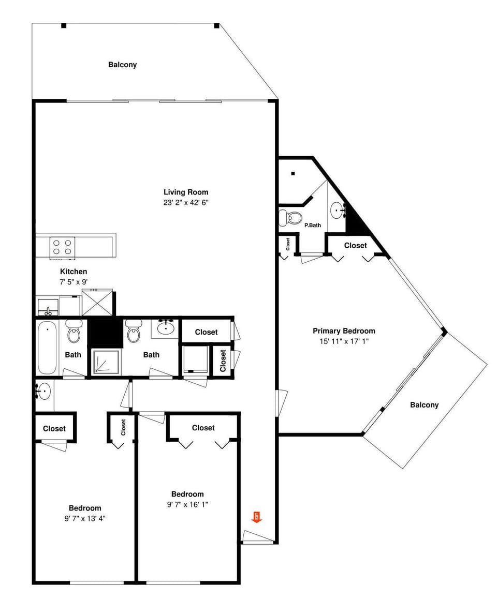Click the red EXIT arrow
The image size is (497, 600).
point(256,517)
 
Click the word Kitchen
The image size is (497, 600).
point(74,271)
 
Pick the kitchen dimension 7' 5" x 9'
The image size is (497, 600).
point(74,282)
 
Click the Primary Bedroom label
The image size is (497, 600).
point(344,331)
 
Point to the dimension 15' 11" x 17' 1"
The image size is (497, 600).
point(344,341)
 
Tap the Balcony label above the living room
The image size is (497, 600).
point(123,65)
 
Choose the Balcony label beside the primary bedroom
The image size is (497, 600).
point(424,405)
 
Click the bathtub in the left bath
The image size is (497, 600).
point(47,348)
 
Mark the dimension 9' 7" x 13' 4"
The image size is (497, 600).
point(85,518)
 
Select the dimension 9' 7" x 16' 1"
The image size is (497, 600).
point(187,504)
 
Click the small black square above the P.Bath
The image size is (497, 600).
point(293,173)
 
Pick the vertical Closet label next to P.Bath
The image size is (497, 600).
point(288,244)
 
